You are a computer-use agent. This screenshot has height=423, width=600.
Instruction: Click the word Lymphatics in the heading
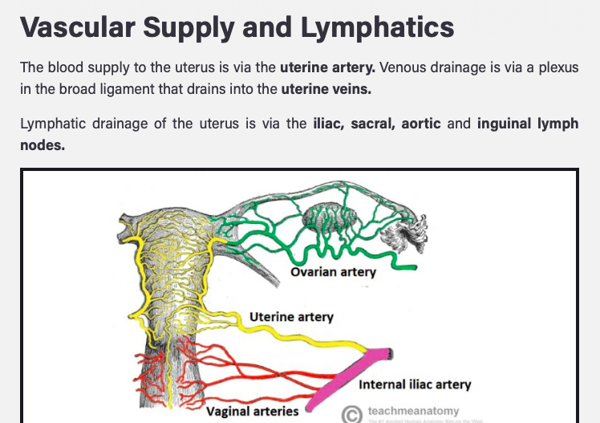pyautogui.click(x=377, y=27)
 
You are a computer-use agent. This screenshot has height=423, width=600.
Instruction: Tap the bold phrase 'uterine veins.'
pyautogui.click(x=326, y=88)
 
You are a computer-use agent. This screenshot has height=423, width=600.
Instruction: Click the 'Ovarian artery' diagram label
pyautogui.click(x=333, y=271)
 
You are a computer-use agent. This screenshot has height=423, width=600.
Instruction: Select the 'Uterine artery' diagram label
pyautogui.click(x=291, y=316)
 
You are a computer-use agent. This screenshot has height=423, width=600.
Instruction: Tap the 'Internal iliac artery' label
pyautogui.click(x=415, y=384)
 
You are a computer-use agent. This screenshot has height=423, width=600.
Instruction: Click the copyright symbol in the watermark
pyautogui.click(x=351, y=413)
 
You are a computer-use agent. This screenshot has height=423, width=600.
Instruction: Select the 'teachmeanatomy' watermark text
pyautogui.click(x=413, y=411)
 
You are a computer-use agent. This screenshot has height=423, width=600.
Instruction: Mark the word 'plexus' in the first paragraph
pyautogui.click(x=557, y=67)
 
